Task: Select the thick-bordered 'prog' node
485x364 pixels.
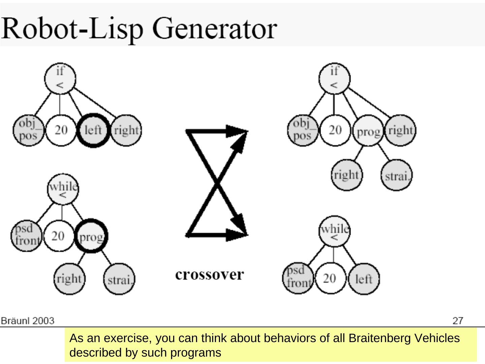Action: [x=91, y=236]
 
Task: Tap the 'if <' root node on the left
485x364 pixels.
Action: [x=60, y=78]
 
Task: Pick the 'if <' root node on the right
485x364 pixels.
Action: [x=334, y=78]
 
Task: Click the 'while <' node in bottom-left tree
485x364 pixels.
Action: [x=63, y=189]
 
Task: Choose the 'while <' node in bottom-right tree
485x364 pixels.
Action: [x=334, y=231]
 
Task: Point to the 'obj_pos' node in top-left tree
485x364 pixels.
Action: [x=28, y=130]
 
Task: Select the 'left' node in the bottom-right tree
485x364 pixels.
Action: [x=364, y=279]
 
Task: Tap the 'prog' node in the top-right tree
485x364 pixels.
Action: [x=368, y=131]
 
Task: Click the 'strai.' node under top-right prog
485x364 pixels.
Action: [x=397, y=176]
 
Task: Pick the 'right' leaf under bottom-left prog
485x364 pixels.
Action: [x=69, y=279]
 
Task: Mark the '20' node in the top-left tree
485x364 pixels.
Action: [x=61, y=130]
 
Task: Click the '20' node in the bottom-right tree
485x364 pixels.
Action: [x=330, y=278]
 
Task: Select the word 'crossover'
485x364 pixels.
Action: [x=209, y=275]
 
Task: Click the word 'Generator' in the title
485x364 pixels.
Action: [x=215, y=28]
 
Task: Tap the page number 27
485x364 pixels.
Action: [x=458, y=321]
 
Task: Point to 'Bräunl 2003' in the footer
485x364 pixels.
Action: [x=28, y=321]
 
